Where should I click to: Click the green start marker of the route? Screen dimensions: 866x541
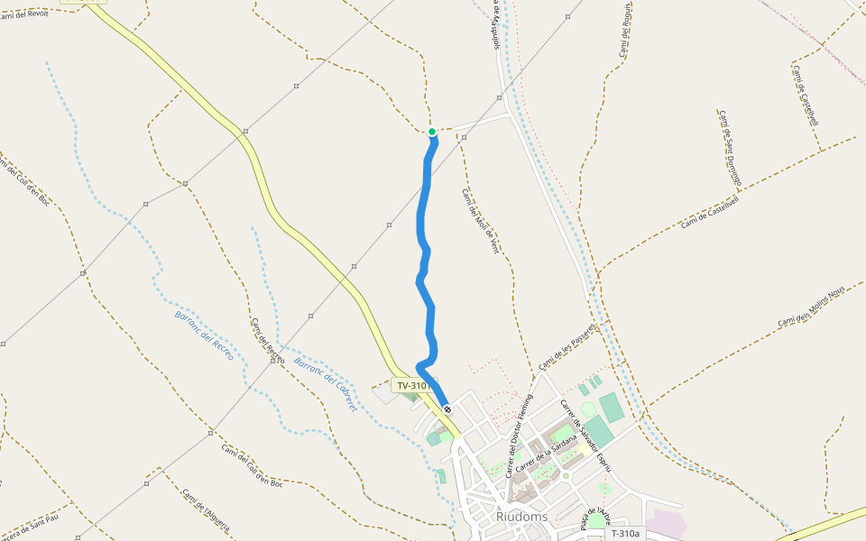point(432,133)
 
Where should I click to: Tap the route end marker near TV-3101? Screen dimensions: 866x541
point(447,410)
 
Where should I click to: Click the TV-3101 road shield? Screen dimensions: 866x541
point(413,386)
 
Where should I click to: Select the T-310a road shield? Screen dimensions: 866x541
point(625,534)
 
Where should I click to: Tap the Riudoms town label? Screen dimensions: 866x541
point(521,517)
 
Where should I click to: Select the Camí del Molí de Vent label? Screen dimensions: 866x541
point(480,221)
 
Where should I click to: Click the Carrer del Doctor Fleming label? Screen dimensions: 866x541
point(520,435)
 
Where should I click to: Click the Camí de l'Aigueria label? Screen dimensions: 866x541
point(206,510)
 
